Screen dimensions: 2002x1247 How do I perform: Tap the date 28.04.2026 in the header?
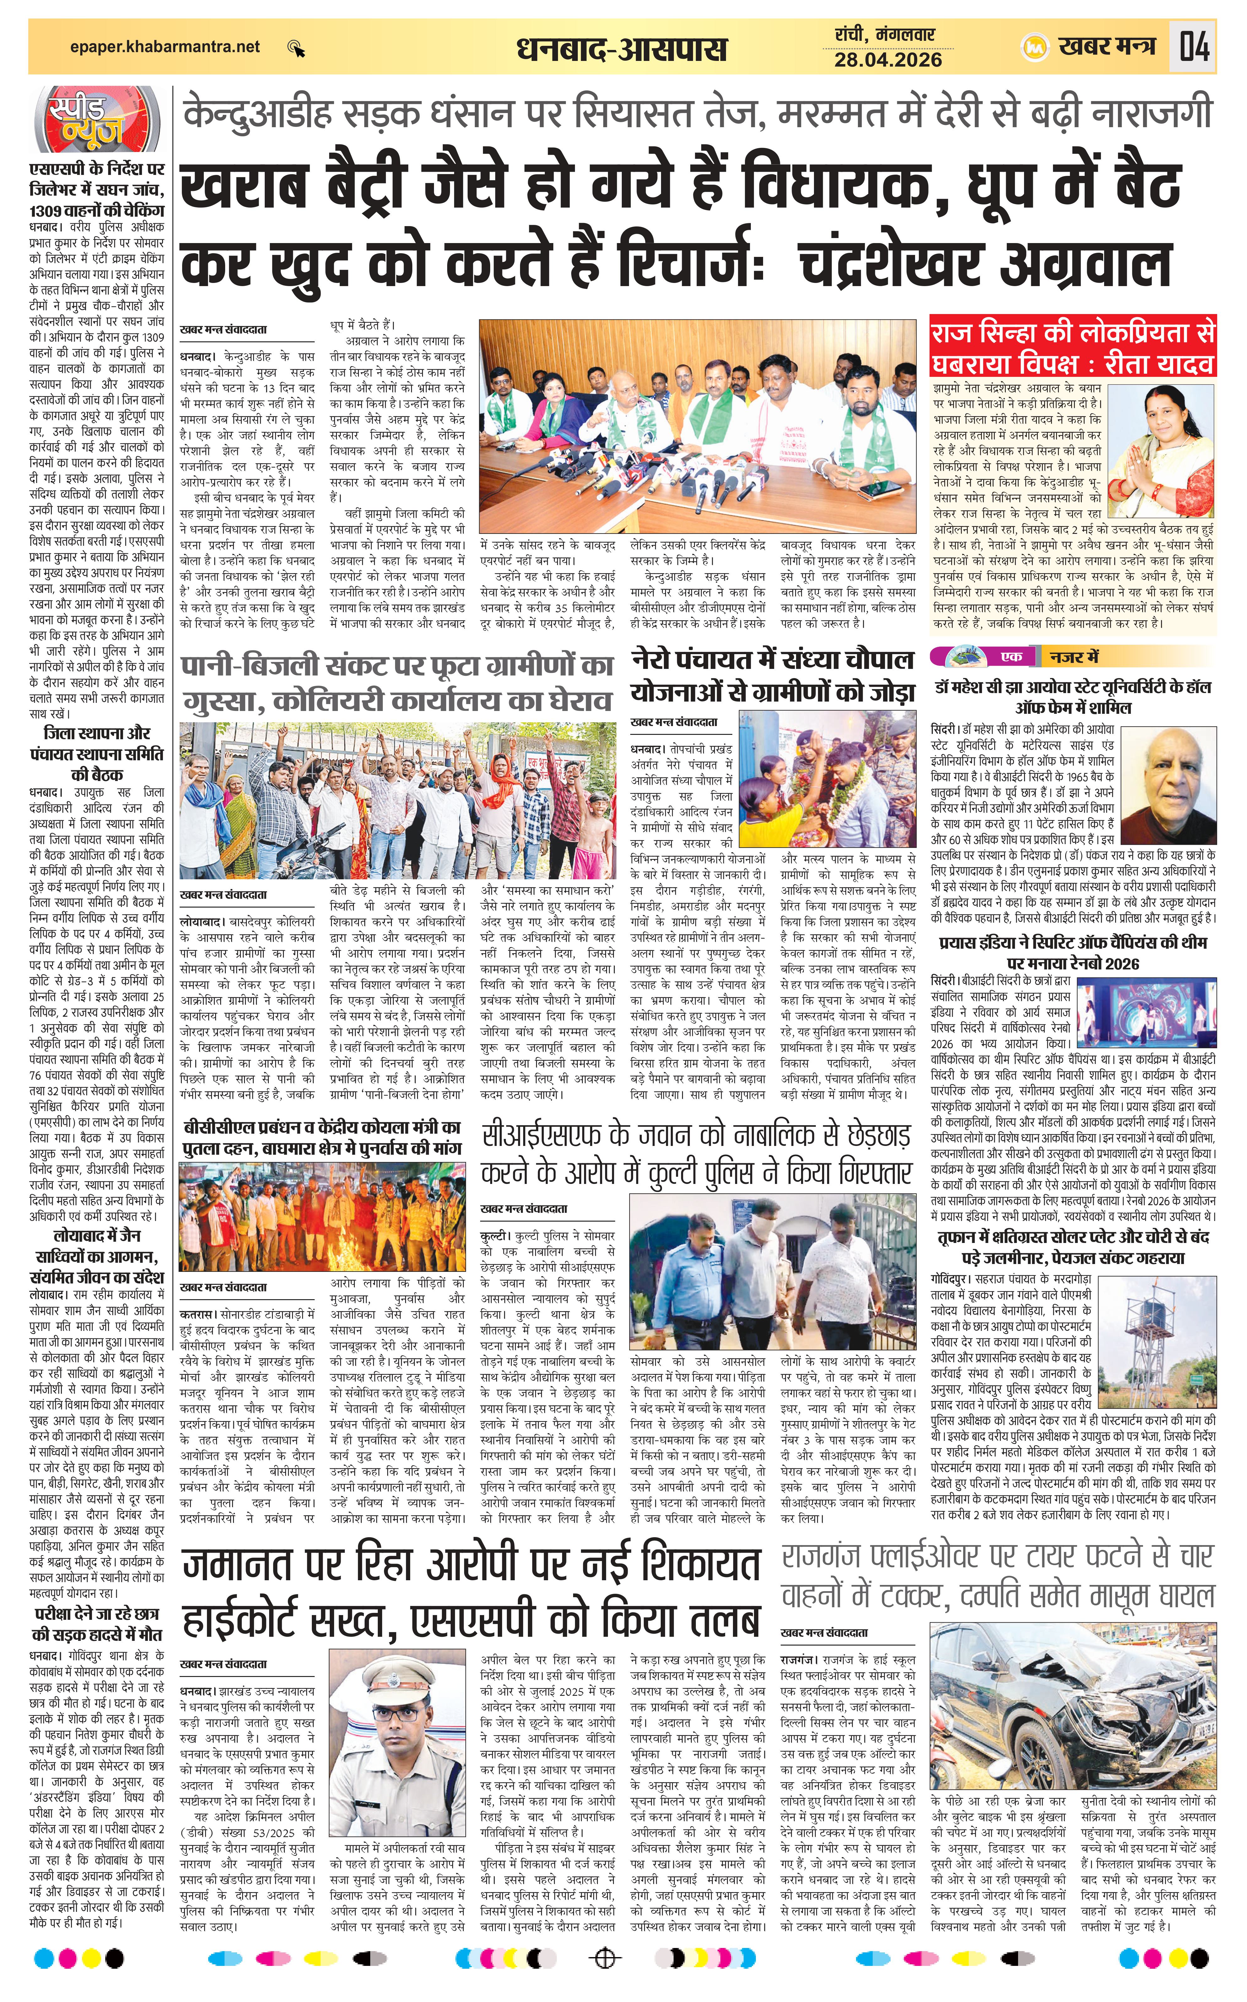(x=887, y=59)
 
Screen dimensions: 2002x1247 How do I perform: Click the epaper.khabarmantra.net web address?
(x=165, y=47)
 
